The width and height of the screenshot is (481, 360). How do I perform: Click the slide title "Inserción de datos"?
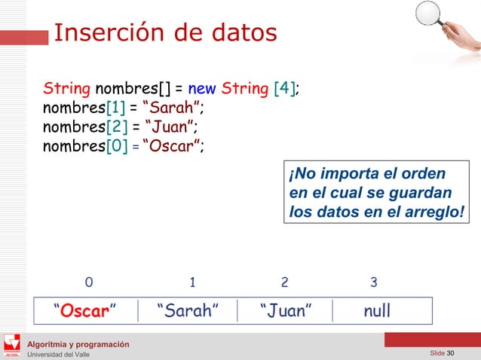[x=165, y=33]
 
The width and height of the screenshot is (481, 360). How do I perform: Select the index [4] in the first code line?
[x=284, y=90]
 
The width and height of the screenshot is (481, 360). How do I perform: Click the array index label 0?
[x=90, y=283]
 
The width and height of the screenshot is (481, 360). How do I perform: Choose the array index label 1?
[x=193, y=283]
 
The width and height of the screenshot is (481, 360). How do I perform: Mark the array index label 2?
[x=284, y=283]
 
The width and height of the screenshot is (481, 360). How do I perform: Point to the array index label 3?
[x=374, y=283]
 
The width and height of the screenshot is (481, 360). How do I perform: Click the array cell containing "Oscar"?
[x=85, y=310]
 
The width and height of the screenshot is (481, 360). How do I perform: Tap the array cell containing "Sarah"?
[x=188, y=310]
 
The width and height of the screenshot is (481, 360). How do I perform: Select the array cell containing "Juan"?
[x=286, y=310]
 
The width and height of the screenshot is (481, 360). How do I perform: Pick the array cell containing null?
[x=377, y=310]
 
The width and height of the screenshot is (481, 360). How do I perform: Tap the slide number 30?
[x=451, y=354]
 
